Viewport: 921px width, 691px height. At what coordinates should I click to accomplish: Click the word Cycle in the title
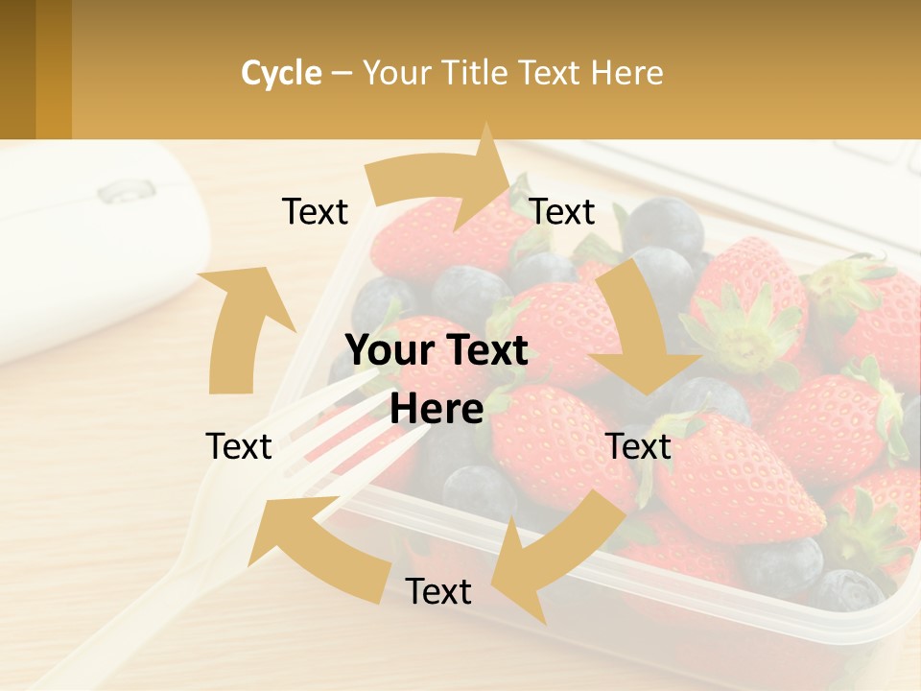[281, 73]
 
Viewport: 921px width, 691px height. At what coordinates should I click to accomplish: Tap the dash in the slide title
[342, 74]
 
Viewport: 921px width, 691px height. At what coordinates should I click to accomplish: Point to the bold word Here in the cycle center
[437, 409]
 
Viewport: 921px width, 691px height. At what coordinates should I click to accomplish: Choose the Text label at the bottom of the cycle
[438, 591]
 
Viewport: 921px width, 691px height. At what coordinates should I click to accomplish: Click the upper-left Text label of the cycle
[315, 211]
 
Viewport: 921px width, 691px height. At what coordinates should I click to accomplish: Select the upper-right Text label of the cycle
[562, 211]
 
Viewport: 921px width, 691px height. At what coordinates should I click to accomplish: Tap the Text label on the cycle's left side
[239, 446]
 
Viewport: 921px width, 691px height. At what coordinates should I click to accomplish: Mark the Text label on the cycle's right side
[639, 446]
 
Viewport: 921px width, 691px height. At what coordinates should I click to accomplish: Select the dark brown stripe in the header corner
[17, 69]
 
